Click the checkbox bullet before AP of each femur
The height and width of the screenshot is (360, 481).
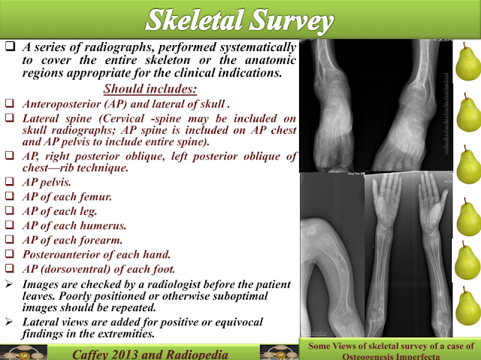pos(8,198)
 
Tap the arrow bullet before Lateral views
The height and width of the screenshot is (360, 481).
pos(8,320)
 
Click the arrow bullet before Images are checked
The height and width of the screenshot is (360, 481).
pos(8,285)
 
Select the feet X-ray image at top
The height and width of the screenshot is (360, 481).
pos(375,105)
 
